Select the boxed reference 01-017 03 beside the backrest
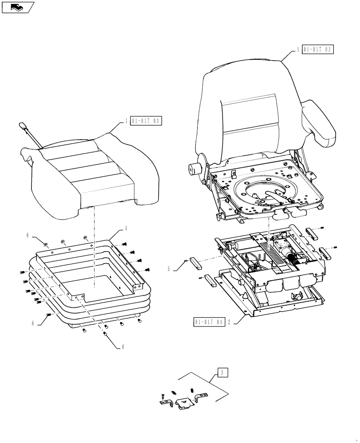coord(317,49)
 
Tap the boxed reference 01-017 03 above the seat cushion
coord(146,120)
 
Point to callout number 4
coord(126,229)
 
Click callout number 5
coord(168,268)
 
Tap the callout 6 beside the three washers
coord(27,236)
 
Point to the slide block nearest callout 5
coord(195,264)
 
